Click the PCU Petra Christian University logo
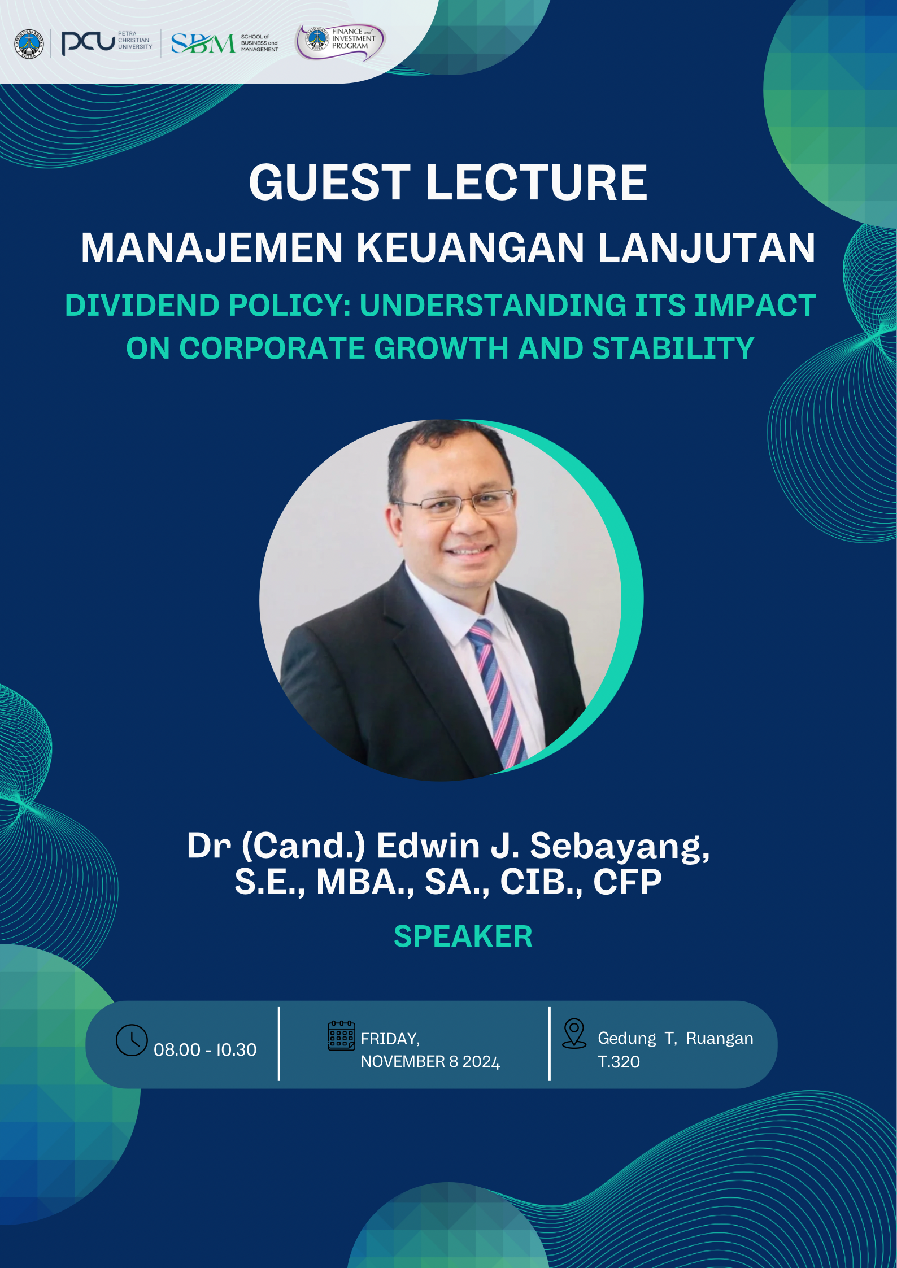[x=107, y=43]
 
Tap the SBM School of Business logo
[x=225, y=43]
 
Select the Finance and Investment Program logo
[x=341, y=41]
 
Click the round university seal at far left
[x=29, y=43]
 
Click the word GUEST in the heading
[x=330, y=182]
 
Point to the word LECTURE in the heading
[x=537, y=182]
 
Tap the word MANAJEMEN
[x=212, y=247]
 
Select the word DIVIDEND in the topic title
[x=142, y=306]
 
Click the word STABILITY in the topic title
[x=673, y=348]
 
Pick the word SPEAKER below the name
[x=463, y=936]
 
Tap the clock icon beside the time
[x=132, y=1040]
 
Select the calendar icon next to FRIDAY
[x=342, y=1035]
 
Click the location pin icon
[x=574, y=1033]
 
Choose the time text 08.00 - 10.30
[x=205, y=1049]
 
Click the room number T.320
[x=619, y=1062]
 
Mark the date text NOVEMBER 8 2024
[x=430, y=1062]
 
